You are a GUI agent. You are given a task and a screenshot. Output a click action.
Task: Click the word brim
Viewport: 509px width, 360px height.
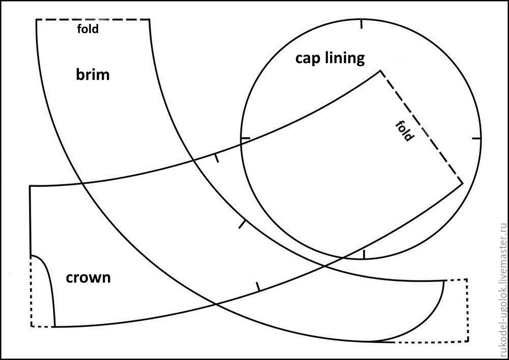[x=93, y=75]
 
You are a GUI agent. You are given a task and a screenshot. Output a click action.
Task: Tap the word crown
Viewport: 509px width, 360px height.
[x=88, y=278]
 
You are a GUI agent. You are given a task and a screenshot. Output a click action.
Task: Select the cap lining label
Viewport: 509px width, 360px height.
[x=330, y=58]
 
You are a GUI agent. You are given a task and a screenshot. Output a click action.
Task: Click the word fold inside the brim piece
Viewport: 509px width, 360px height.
[x=88, y=29]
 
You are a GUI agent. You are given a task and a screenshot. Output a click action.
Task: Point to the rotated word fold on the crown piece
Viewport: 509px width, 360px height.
[x=405, y=131]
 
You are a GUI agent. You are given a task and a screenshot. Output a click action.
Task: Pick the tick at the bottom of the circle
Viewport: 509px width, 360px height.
[x=363, y=254]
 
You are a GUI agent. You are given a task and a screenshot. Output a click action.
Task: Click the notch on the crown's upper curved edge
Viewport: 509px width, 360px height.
[x=216, y=158]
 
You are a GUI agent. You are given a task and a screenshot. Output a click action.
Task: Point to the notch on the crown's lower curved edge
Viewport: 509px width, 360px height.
[x=258, y=286]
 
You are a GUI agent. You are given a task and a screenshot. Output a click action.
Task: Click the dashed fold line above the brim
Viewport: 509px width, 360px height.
[x=93, y=19]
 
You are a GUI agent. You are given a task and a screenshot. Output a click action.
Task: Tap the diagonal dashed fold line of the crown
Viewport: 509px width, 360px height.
[x=421, y=127]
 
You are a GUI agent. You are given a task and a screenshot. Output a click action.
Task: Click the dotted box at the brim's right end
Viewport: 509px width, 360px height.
[x=457, y=311]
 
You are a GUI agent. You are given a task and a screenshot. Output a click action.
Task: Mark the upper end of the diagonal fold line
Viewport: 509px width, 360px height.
[x=380, y=71]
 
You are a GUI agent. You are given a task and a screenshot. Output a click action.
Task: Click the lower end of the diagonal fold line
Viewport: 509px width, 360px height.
[x=462, y=183]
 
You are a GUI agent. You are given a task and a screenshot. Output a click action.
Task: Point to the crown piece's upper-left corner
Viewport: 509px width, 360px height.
[x=30, y=186]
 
